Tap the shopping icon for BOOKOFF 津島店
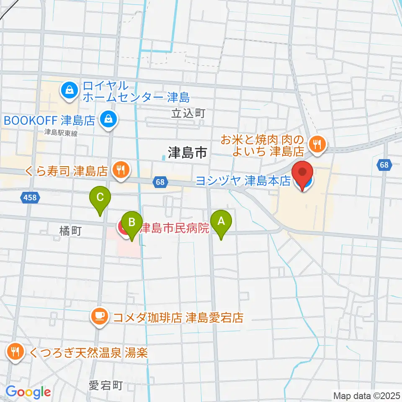pos(109,121)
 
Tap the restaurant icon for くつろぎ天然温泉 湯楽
pos(16,352)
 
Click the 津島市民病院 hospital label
pos(174,229)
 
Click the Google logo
pos(28,392)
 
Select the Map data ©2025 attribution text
pos(366,395)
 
